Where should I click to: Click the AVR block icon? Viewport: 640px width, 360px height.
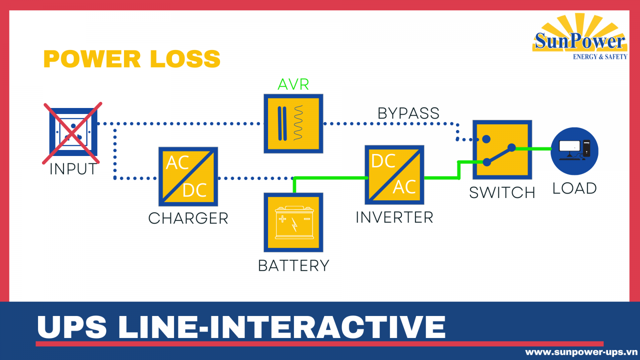[293, 124]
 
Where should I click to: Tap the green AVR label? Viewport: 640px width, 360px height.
[293, 84]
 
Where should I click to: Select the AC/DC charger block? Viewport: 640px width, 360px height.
[188, 176]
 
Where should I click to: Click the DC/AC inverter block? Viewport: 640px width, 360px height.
[394, 175]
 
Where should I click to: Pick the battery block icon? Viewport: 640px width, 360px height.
[293, 222]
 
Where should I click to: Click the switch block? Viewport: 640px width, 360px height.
[502, 150]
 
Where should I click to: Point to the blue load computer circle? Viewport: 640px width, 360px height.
[574, 151]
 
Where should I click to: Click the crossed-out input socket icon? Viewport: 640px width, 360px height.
[73, 132]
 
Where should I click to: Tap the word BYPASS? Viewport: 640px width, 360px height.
[408, 113]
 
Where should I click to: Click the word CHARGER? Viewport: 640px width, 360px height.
[188, 218]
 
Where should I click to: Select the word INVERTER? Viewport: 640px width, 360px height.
[394, 218]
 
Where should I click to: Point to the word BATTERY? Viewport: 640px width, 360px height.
[293, 266]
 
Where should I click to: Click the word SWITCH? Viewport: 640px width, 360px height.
[502, 193]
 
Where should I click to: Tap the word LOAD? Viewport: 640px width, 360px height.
[574, 188]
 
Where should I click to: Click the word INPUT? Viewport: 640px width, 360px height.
[73, 169]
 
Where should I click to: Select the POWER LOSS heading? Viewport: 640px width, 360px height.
[132, 59]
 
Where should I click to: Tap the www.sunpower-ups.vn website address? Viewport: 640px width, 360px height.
[581, 352]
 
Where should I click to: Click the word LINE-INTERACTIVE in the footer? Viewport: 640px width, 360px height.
[282, 327]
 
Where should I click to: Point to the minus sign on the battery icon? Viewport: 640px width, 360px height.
[307, 219]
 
